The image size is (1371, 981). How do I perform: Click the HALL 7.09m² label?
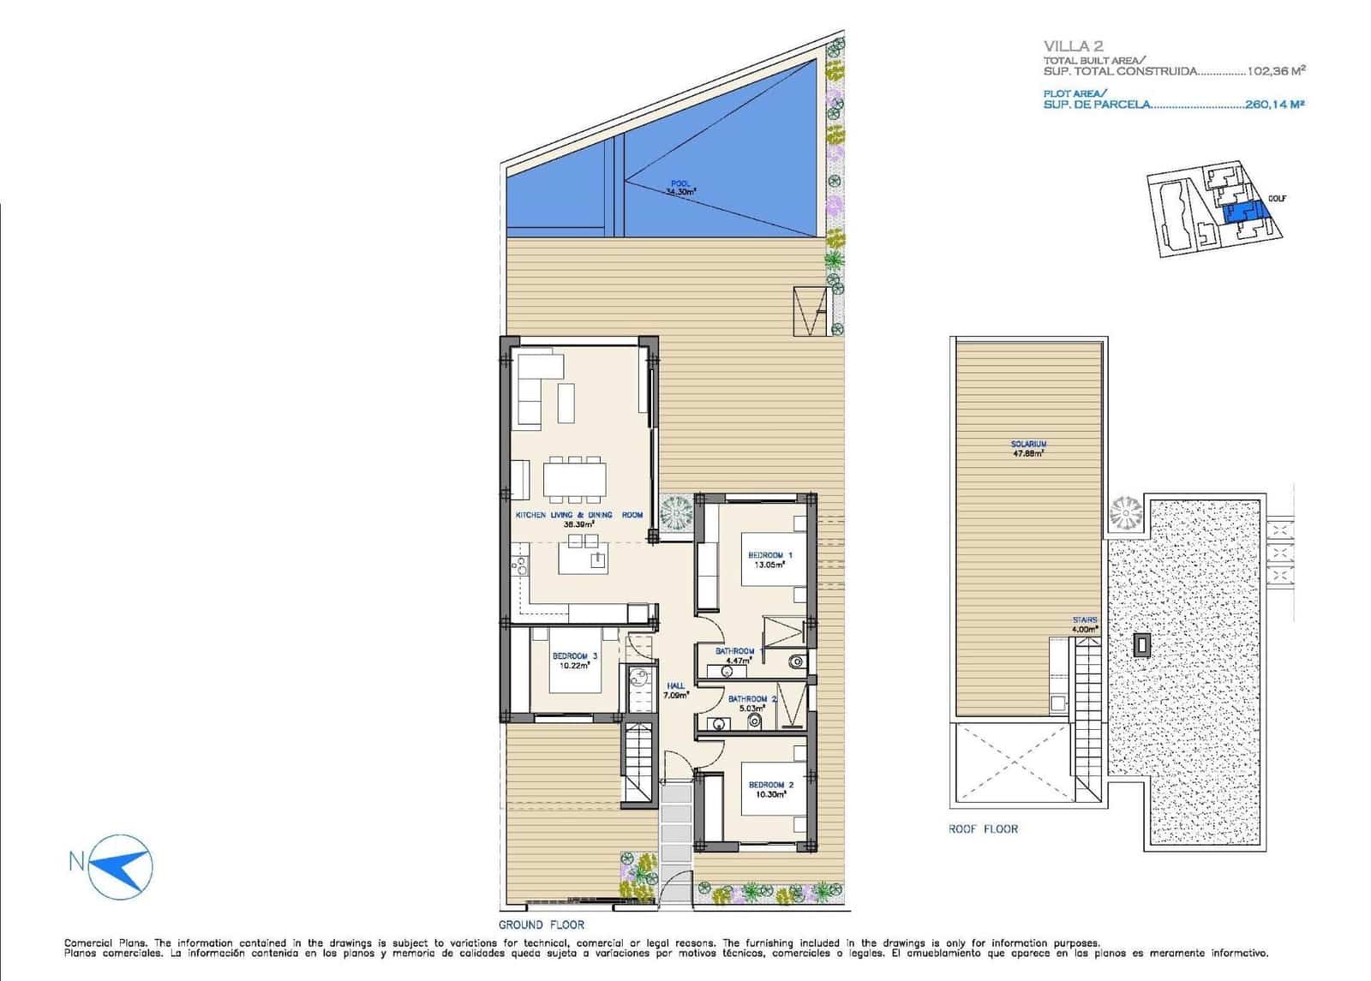(x=676, y=691)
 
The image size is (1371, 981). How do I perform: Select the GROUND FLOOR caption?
(x=541, y=924)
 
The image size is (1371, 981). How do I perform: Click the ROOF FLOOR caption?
(x=983, y=828)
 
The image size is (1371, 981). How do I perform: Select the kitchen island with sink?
(x=584, y=560)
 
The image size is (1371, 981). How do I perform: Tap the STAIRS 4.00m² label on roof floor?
(x=1084, y=624)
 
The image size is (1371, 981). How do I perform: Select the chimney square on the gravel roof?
(x=1143, y=644)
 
